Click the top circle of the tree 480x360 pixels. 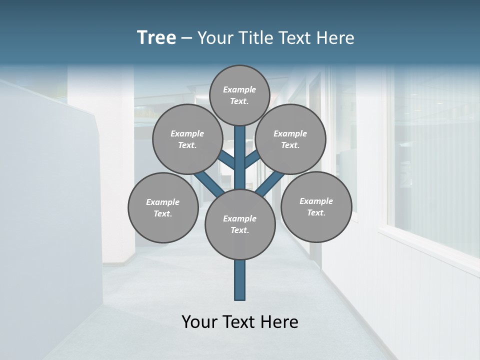pyautogui.click(x=239, y=95)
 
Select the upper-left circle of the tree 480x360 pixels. pyautogui.click(x=187, y=139)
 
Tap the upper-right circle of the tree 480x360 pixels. pyautogui.click(x=290, y=139)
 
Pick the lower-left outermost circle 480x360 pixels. pyautogui.click(x=162, y=207)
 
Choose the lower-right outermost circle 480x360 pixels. pyautogui.click(x=316, y=206)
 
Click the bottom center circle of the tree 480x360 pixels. pyautogui.click(x=240, y=224)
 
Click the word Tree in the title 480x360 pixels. pyautogui.click(x=156, y=37)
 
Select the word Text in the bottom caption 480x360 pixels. pyautogui.click(x=238, y=321)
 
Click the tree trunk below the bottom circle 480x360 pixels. pyautogui.click(x=240, y=280)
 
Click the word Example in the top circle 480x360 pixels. pyautogui.click(x=239, y=89)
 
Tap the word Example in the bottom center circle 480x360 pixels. pyautogui.click(x=240, y=218)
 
